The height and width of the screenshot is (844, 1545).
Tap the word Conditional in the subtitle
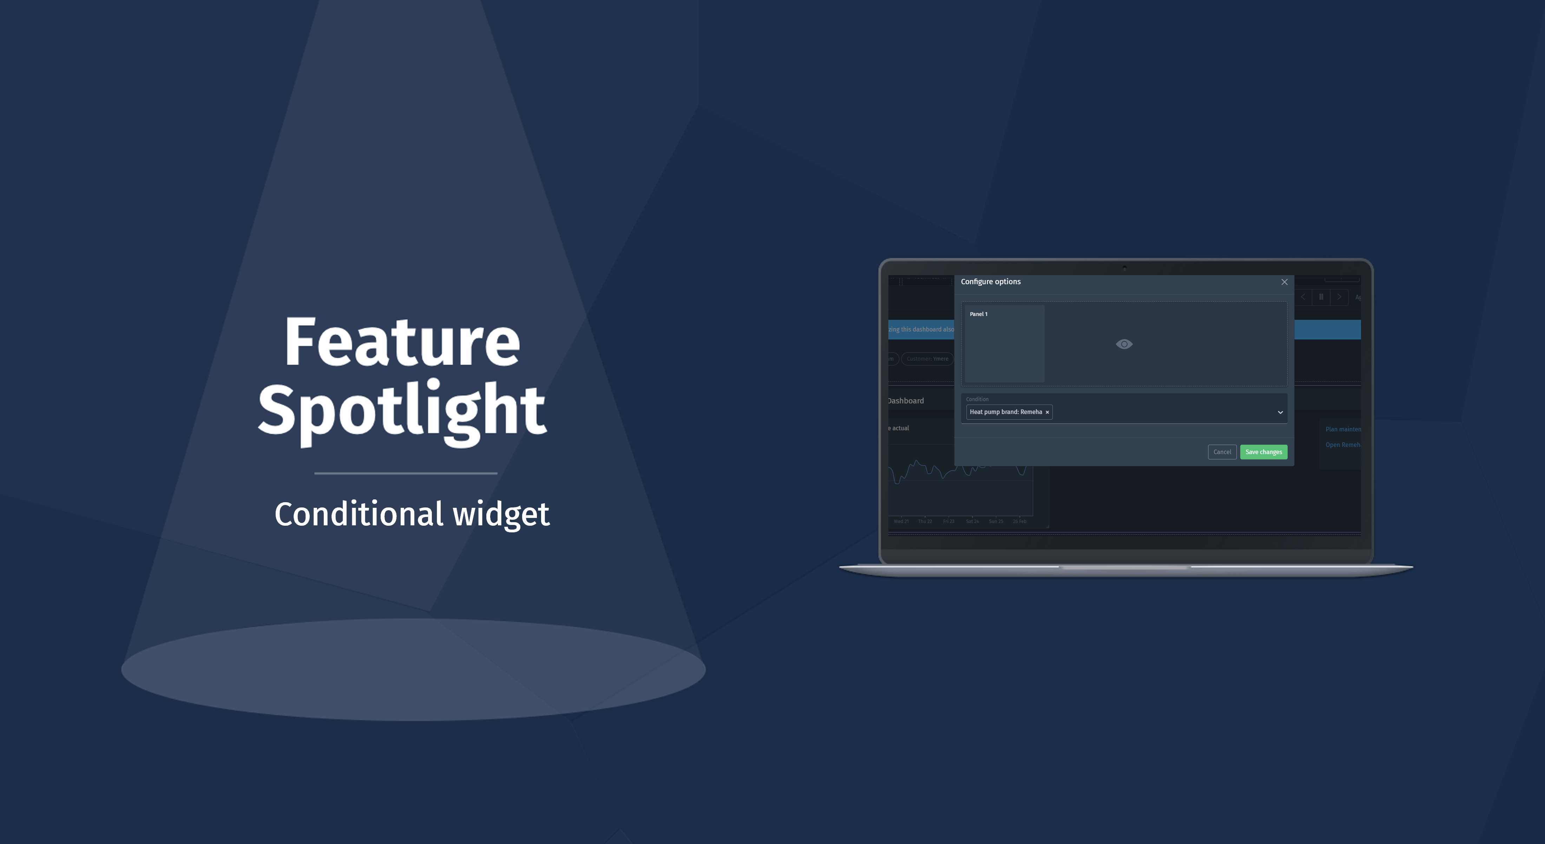pyautogui.click(x=359, y=514)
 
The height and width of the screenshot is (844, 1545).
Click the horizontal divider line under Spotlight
pyautogui.click(x=406, y=473)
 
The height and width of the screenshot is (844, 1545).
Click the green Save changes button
pyautogui.click(x=1263, y=452)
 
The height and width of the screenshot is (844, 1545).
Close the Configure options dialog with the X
pyautogui.click(x=1284, y=282)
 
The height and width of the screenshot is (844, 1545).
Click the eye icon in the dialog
pyautogui.click(x=1124, y=344)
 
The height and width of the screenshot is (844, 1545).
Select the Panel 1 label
pyautogui.click(x=978, y=314)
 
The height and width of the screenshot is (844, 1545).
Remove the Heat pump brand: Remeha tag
pyautogui.click(x=1047, y=412)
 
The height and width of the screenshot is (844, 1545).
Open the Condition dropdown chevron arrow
pyautogui.click(x=1280, y=412)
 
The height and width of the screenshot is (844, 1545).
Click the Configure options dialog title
pyautogui.click(x=990, y=282)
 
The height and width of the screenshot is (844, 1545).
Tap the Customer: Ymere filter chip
pyautogui.click(x=927, y=359)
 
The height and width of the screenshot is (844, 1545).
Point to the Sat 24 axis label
pyautogui.click(x=972, y=521)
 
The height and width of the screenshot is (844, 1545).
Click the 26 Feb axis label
pyautogui.click(x=1020, y=521)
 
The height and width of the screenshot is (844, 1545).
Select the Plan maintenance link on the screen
pyautogui.click(x=1343, y=429)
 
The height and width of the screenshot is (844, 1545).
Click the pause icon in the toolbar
pyautogui.click(x=1321, y=297)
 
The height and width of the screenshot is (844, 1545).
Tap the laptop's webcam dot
pyautogui.click(x=1125, y=268)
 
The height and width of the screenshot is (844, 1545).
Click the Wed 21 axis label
pyautogui.click(x=901, y=521)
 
